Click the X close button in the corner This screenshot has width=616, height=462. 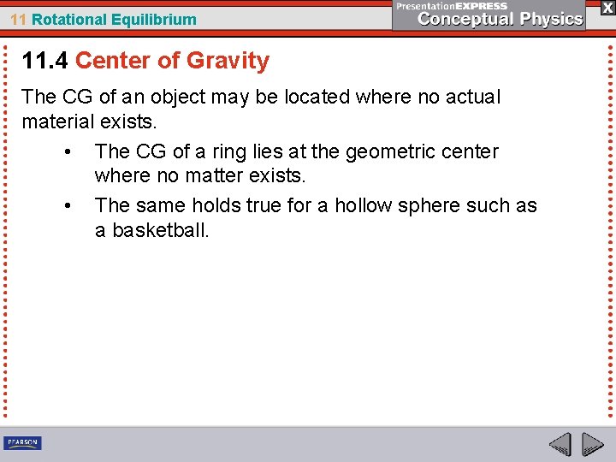click(x=607, y=7)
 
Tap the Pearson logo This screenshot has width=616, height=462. click(x=22, y=442)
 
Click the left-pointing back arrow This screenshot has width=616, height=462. click(x=560, y=444)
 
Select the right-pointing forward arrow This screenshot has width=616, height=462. click(x=593, y=444)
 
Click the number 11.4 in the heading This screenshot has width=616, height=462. click(x=45, y=61)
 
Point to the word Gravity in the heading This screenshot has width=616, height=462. click(x=228, y=61)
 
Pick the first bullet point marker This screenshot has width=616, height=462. click(x=68, y=152)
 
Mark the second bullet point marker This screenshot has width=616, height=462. click(x=68, y=206)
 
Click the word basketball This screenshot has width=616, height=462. click(x=160, y=230)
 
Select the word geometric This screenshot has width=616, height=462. click(x=397, y=152)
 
